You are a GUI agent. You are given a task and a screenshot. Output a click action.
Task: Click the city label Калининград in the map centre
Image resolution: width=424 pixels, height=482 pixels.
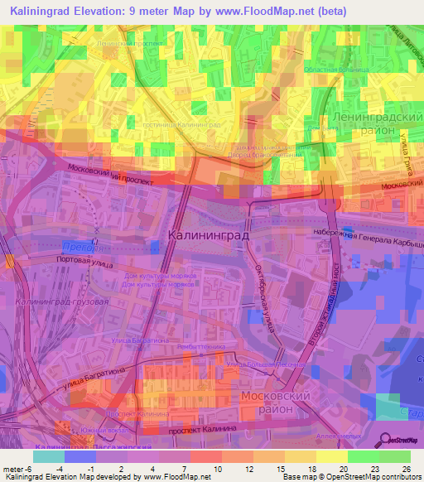click(x=208, y=235)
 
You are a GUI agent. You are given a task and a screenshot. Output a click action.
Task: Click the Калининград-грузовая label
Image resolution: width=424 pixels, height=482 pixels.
click(x=63, y=302)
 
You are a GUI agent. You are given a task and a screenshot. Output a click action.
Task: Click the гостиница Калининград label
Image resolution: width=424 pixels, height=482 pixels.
click(x=191, y=123)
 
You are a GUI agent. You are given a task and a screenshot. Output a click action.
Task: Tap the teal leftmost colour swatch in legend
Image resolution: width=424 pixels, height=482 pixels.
click(x=48, y=455)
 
